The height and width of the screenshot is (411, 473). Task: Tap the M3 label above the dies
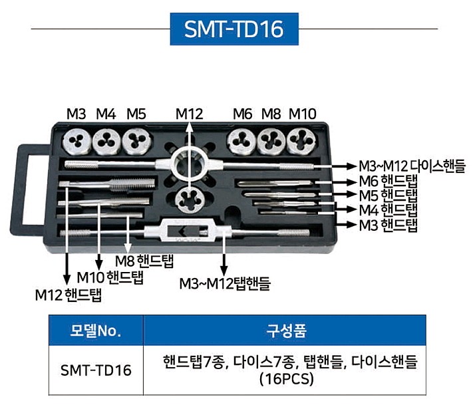pyautogui.click(x=76, y=113)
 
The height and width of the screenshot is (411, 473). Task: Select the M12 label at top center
pyautogui.click(x=189, y=113)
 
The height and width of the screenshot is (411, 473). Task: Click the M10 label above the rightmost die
pyautogui.click(x=302, y=113)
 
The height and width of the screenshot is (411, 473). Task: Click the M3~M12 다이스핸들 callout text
pyautogui.click(x=412, y=166)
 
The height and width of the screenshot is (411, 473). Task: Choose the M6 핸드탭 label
pyautogui.click(x=388, y=182)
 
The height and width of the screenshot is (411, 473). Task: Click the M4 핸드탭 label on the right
pyautogui.click(x=388, y=210)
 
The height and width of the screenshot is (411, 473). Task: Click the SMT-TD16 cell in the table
pyautogui.click(x=96, y=370)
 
